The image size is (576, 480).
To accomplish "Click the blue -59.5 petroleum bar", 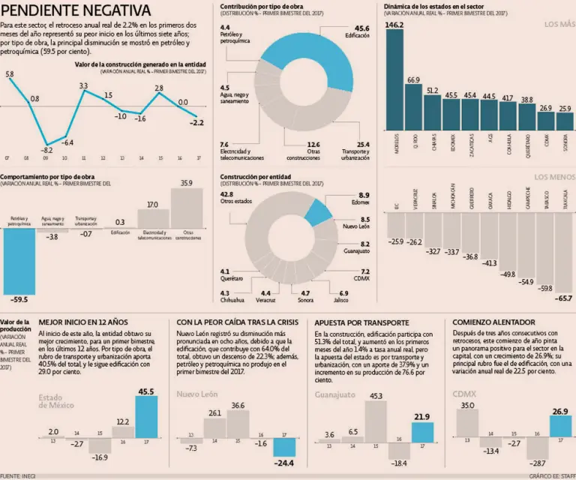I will point(19,259).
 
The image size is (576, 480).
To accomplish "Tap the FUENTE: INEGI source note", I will point(20,475).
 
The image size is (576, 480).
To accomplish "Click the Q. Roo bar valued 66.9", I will point(414,109).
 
